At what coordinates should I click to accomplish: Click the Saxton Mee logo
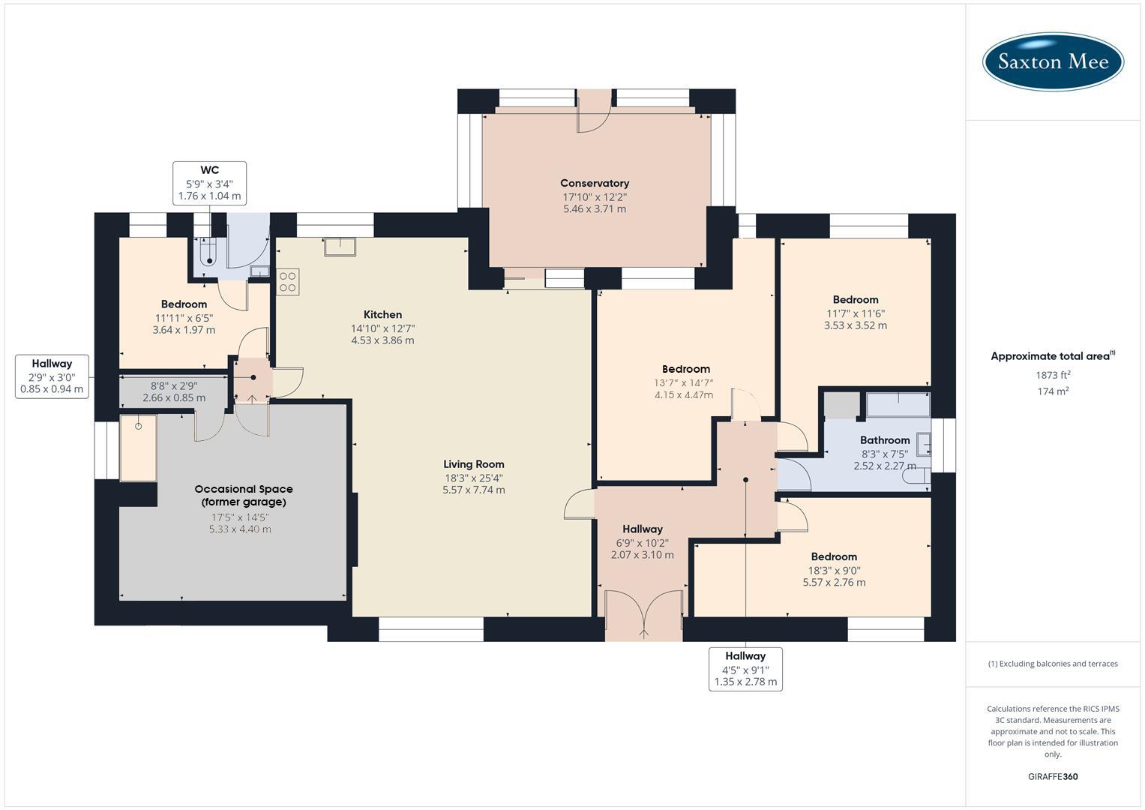pyautogui.click(x=1053, y=61)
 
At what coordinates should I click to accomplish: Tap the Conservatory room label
pyautogui.click(x=594, y=183)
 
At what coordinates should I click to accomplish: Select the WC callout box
pyautogui.click(x=209, y=183)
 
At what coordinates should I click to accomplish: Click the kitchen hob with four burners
pyautogui.click(x=288, y=281)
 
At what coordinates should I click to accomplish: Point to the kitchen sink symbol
pyautogui.click(x=340, y=247)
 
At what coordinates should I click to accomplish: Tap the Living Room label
pyautogui.click(x=473, y=464)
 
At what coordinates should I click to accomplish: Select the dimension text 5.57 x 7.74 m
pyautogui.click(x=473, y=490)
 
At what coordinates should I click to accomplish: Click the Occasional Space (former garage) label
pyautogui.click(x=244, y=496)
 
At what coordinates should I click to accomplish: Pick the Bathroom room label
pyautogui.click(x=885, y=440)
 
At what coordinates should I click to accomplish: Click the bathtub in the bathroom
pyautogui.click(x=898, y=405)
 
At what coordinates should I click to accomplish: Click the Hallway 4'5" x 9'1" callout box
pyautogui.click(x=745, y=669)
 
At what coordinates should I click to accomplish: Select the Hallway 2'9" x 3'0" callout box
pyautogui.click(x=52, y=376)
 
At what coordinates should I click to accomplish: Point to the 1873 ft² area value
pyautogui.click(x=1053, y=375)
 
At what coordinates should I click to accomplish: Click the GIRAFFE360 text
pyautogui.click(x=1053, y=776)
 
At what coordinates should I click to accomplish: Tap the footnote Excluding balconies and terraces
pyautogui.click(x=1053, y=664)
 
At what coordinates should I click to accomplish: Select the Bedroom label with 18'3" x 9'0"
pyautogui.click(x=834, y=556)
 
